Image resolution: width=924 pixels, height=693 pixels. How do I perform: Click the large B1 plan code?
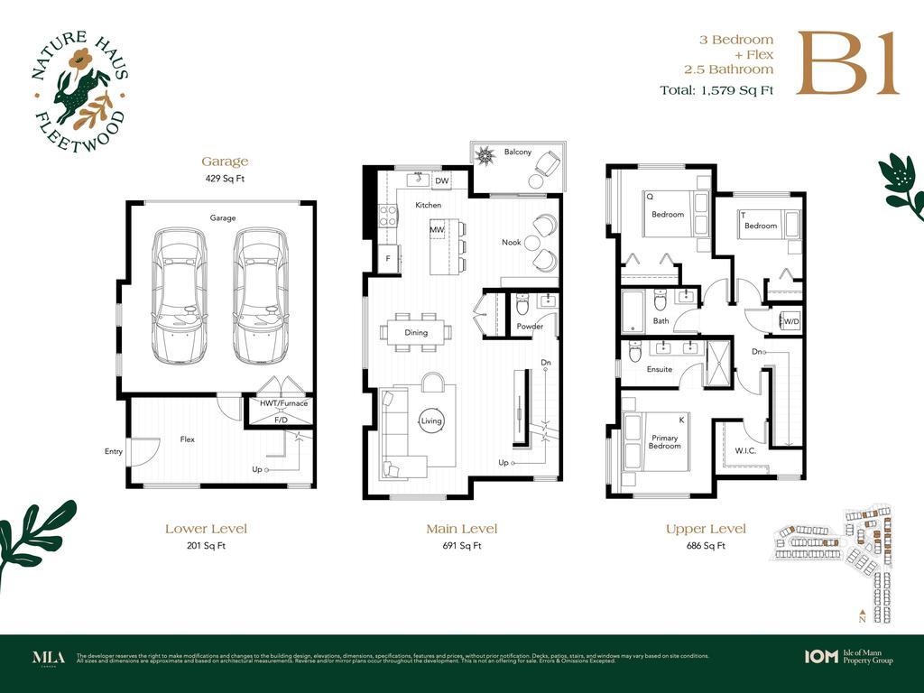tap(847, 63)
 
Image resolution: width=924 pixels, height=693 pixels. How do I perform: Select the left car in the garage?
tap(180, 294)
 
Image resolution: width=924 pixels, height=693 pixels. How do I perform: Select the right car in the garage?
tap(261, 294)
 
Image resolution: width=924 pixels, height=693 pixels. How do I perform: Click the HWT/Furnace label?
tap(283, 403)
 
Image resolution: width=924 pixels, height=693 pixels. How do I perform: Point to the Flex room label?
tap(188, 439)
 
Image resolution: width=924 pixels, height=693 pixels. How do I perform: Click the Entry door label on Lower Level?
tap(114, 452)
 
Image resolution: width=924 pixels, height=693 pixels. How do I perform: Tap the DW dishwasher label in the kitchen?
tap(441, 181)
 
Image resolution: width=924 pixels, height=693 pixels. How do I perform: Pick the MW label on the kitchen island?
tap(437, 230)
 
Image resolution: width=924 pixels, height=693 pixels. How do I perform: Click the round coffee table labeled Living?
tap(431, 420)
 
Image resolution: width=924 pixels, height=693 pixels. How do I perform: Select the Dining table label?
tap(416, 333)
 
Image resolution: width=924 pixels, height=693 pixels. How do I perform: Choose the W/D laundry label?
tap(790, 321)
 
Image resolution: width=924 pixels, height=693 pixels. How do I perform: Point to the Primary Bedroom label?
tap(665, 442)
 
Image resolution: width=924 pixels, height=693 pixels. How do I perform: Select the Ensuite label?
tap(660, 369)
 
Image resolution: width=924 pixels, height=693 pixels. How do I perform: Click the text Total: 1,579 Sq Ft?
tap(716, 89)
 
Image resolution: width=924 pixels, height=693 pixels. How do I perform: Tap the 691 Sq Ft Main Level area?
tap(461, 546)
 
